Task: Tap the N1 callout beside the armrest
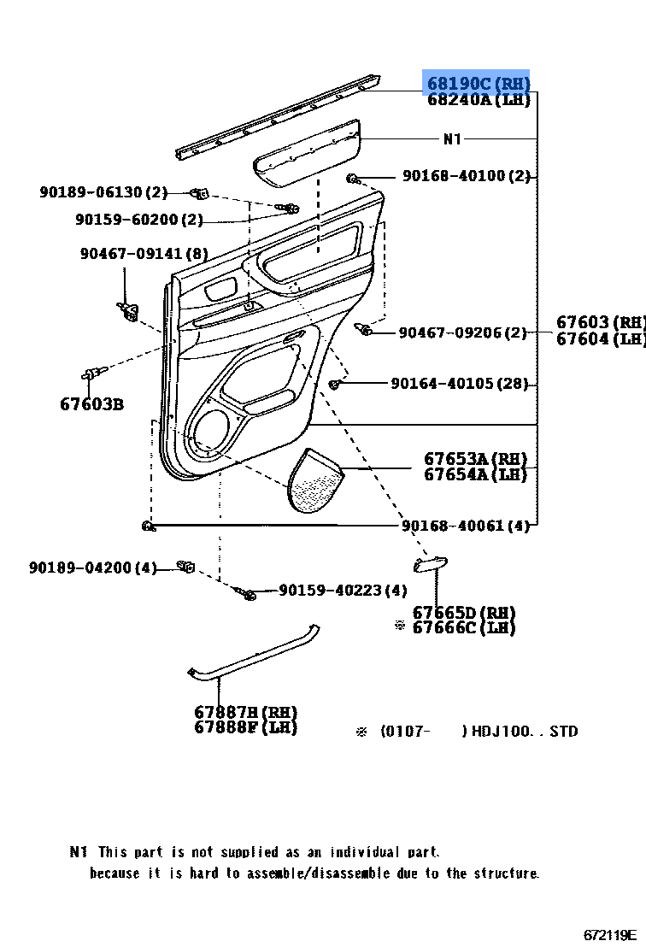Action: click(x=452, y=139)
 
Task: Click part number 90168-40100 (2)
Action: click(x=466, y=177)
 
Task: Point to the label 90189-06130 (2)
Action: click(x=103, y=192)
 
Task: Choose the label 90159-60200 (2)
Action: click(x=138, y=220)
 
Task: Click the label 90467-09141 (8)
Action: click(x=144, y=254)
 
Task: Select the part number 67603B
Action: click(x=91, y=403)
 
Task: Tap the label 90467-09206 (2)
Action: click(x=462, y=332)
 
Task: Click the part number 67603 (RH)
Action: click(x=600, y=322)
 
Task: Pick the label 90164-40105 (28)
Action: click(x=460, y=385)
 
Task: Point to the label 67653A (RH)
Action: click(x=476, y=458)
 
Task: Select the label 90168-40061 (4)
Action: click(x=466, y=526)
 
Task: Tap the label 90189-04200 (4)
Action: click(x=93, y=568)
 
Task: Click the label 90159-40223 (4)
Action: click(x=343, y=591)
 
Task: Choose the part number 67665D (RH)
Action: click(x=464, y=613)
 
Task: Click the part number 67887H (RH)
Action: click(x=245, y=712)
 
